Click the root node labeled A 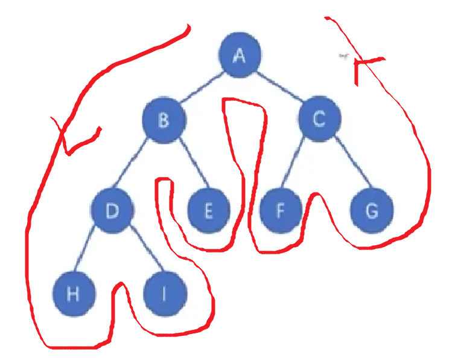240,56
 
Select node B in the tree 164,121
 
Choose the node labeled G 372,211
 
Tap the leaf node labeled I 165,294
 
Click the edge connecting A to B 202,88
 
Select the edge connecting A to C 279,87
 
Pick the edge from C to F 299,166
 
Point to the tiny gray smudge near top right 345,56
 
